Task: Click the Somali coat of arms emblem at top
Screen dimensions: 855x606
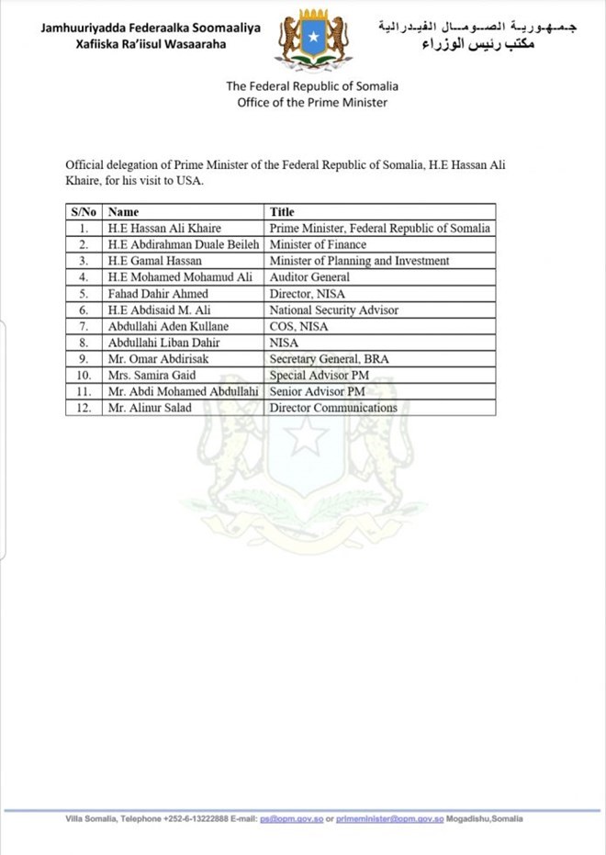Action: click(x=313, y=39)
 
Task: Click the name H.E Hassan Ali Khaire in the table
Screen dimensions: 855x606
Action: click(x=163, y=229)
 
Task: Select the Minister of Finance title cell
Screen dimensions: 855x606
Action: click(x=318, y=245)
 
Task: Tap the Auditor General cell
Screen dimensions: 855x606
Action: click(x=309, y=277)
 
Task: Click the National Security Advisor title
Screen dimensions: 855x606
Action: click(x=334, y=310)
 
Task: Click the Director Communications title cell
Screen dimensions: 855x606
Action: click(x=333, y=408)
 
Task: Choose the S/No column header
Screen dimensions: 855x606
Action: click(x=83, y=212)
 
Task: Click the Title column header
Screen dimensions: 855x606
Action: click(x=282, y=212)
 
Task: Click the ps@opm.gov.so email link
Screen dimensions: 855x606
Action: click(x=291, y=818)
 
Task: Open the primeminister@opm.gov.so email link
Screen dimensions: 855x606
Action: click(x=390, y=818)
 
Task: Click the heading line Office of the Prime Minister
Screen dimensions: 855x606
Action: click(x=312, y=103)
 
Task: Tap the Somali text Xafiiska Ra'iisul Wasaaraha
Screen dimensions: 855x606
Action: click(x=151, y=44)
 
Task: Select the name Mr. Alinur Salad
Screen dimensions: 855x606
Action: click(x=150, y=408)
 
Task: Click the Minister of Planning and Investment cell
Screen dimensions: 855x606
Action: click(x=359, y=262)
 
